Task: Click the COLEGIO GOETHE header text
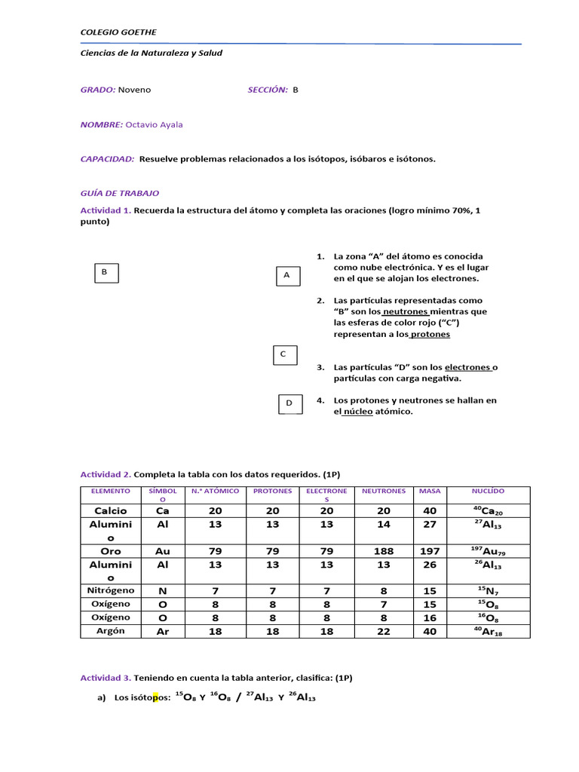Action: tap(118, 32)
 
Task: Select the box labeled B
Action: tap(106, 272)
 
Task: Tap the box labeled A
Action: tap(286, 276)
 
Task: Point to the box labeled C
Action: tap(283, 354)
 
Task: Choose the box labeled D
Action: tap(289, 404)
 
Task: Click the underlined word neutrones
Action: tap(406, 311)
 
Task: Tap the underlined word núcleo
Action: tap(358, 412)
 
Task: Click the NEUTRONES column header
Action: tap(384, 491)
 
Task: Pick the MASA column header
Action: tap(430, 491)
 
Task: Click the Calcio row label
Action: tap(111, 510)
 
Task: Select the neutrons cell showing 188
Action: tap(384, 551)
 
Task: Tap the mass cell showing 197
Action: tap(430, 551)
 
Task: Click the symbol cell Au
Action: tap(163, 551)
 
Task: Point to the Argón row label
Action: tap(111, 631)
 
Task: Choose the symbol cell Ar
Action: tap(163, 632)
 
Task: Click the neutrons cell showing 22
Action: tap(384, 632)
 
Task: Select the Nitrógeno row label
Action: tap(111, 590)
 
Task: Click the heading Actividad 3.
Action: tap(106, 678)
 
